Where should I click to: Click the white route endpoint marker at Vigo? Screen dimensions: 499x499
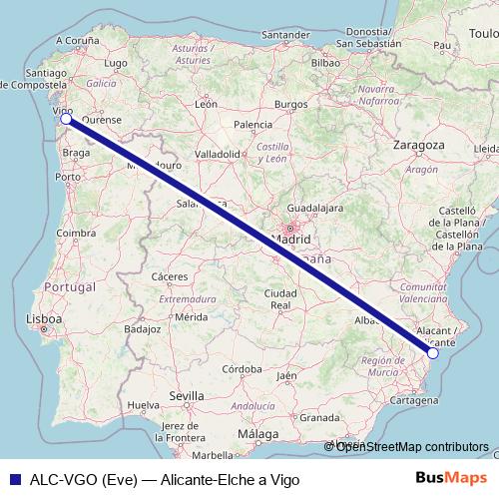66,120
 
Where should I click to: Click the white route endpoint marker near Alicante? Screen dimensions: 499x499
432,352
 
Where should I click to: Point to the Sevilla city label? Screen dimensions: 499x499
187,396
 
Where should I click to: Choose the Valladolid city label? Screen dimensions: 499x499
217,155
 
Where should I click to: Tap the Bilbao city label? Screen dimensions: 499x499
326,62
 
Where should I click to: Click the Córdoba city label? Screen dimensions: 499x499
242,368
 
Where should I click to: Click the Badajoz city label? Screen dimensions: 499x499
144,327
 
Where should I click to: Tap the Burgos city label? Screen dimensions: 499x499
291,104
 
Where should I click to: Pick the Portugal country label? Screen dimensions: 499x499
71,286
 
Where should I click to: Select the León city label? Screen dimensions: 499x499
207,103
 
